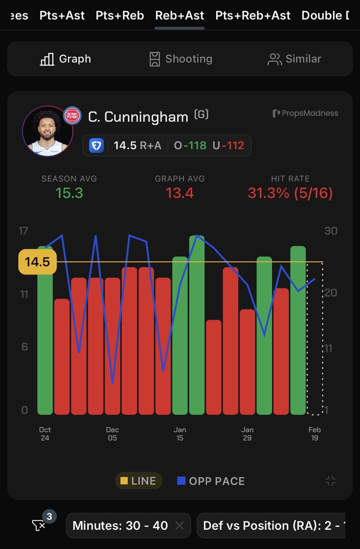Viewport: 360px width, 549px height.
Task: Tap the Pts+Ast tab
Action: pos(62,15)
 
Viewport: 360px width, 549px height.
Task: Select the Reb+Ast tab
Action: pos(180,15)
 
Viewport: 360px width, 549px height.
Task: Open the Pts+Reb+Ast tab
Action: pos(253,15)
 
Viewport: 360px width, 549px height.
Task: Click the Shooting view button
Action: pos(180,59)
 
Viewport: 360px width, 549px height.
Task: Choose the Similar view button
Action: pos(295,59)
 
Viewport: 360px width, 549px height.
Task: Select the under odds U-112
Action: pos(228,145)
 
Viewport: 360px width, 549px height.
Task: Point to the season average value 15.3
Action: pos(69,193)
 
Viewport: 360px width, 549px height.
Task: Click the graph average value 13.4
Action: pos(180,193)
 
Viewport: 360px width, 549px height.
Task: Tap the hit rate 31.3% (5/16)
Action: pos(290,193)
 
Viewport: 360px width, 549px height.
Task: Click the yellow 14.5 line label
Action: pos(37,262)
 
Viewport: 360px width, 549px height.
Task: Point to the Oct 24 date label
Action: pos(45,434)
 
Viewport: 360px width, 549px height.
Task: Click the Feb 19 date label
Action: pos(315,434)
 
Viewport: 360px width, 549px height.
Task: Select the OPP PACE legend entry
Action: pos(211,481)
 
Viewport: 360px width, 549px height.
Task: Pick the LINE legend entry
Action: pos(138,481)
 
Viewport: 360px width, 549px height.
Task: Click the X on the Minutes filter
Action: pos(180,526)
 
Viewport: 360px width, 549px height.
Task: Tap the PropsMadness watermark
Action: pos(305,113)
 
